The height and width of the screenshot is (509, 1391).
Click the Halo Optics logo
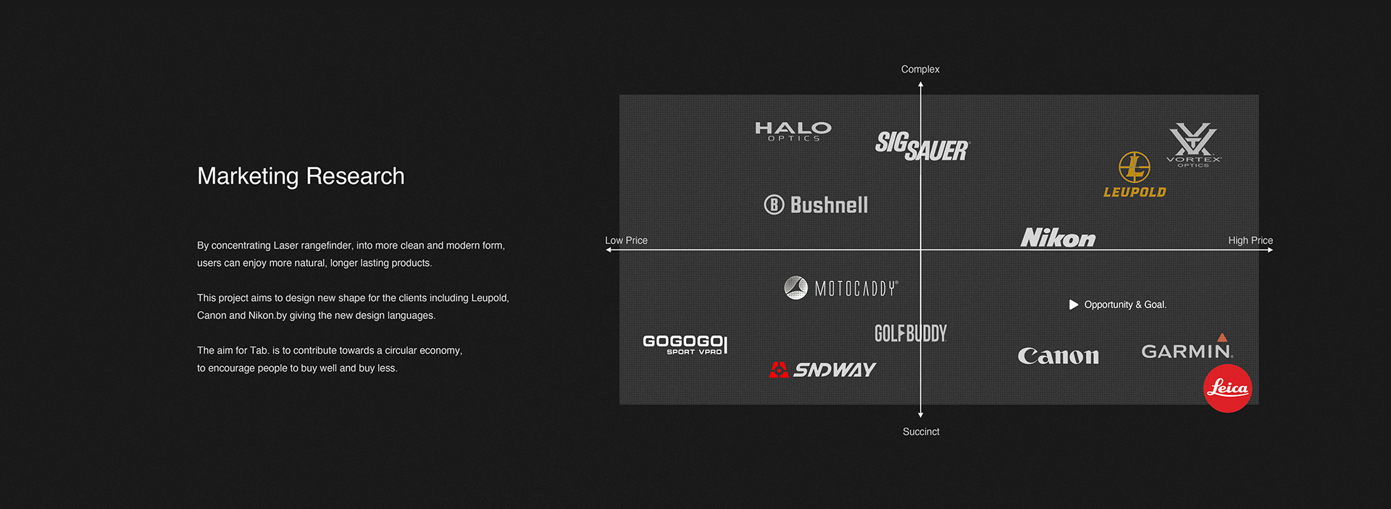click(x=793, y=131)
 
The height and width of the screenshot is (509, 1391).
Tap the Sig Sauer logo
click(x=922, y=146)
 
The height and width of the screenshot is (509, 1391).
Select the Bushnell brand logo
click(x=816, y=205)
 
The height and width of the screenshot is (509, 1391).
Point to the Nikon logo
click(x=1058, y=238)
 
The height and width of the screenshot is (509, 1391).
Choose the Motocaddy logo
click(x=841, y=288)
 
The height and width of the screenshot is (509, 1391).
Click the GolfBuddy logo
click(x=911, y=334)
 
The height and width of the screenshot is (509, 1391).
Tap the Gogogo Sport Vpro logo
click(x=685, y=344)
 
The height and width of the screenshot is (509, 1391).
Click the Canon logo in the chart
click(x=1058, y=356)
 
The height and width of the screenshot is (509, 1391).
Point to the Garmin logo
click(x=1187, y=349)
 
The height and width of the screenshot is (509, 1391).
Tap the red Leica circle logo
click(x=1227, y=389)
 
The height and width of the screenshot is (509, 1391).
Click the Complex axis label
click(x=920, y=70)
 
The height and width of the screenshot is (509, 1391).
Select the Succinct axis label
click(x=921, y=431)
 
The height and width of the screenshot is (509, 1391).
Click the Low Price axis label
click(x=626, y=240)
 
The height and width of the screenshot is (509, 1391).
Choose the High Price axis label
click(x=1250, y=240)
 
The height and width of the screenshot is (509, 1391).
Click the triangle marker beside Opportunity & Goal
click(x=1074, y=305)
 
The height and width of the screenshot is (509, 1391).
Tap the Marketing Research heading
click(x=301, y=176)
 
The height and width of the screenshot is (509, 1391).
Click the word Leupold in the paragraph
click(x=489, y=298)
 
